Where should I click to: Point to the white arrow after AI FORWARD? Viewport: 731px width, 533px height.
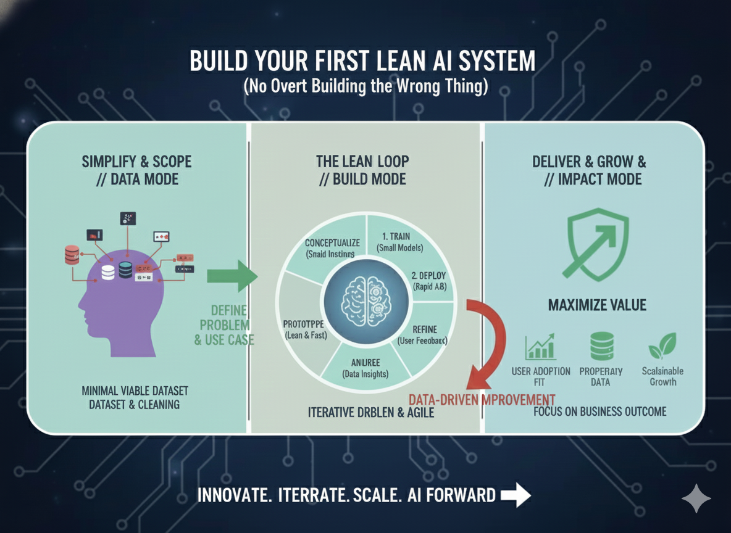click(516, 495)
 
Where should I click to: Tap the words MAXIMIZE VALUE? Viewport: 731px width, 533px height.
click(597, 305)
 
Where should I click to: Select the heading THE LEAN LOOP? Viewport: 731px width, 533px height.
click(362, 162)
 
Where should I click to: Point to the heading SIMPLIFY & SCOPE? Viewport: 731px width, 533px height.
click(136, 162)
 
